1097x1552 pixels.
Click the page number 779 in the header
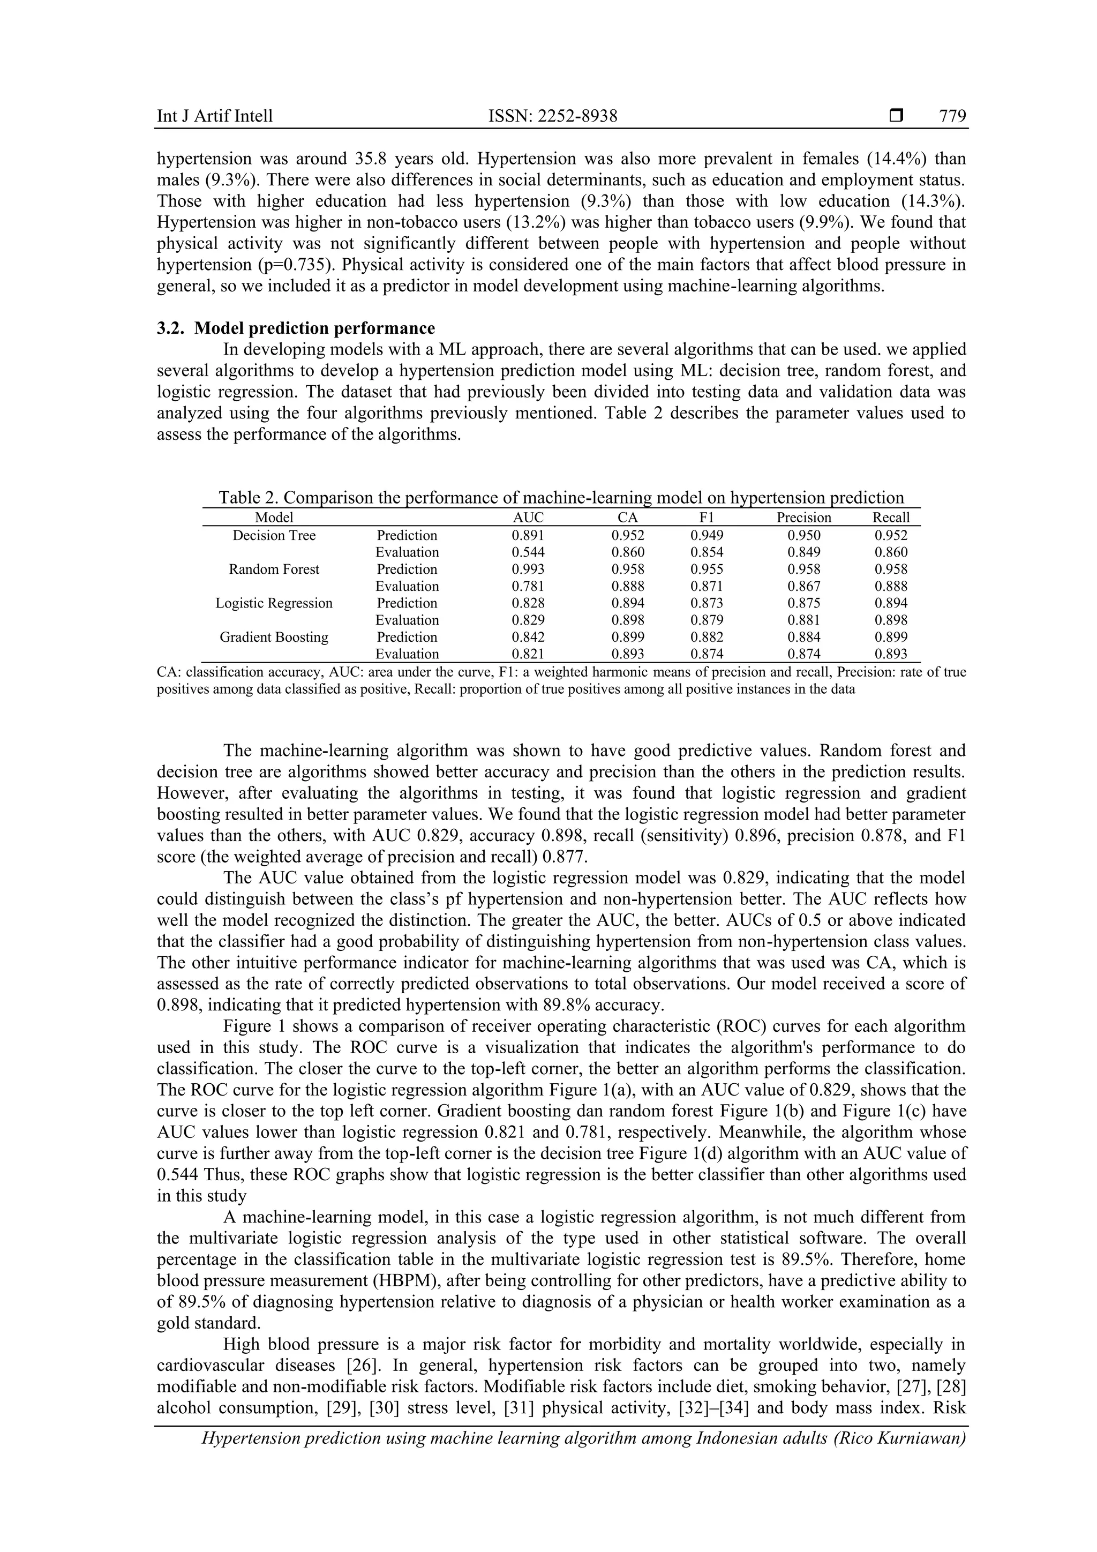coord(952,116)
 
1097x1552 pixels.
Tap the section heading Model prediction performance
coord(314,328)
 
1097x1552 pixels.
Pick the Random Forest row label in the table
coord(274,569)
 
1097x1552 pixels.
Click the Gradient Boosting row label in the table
coord(274,637)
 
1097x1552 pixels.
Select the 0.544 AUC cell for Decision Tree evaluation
coord(528,552)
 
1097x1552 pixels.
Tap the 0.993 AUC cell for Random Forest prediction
coord(528,569)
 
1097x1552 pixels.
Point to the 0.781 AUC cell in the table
coord(528,586)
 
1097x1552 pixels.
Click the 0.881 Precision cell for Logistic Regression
coord(803,620)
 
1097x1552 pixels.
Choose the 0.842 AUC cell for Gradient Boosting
coord(528,637)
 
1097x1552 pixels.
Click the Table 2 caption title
coord(561,498)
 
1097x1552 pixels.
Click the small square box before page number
coord(896,116)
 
